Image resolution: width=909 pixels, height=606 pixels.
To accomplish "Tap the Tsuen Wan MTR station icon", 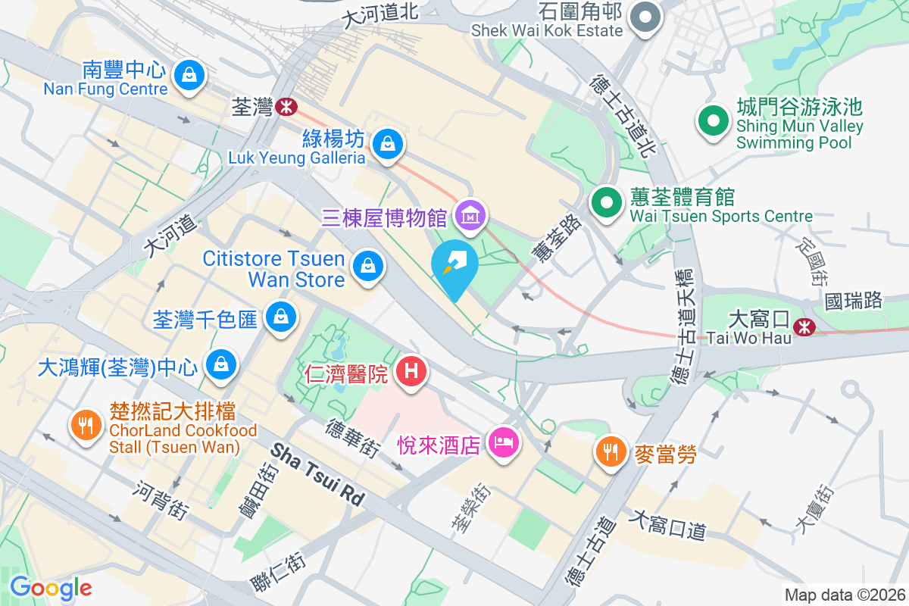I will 286,108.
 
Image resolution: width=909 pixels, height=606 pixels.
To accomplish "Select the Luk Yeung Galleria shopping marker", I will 387,142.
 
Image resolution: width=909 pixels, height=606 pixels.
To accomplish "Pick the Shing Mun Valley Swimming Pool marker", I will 713,122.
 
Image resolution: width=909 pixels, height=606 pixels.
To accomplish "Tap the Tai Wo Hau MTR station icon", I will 803,327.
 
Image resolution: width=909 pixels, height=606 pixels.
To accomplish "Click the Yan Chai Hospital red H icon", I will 411,371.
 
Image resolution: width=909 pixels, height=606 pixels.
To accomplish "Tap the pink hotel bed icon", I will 502,441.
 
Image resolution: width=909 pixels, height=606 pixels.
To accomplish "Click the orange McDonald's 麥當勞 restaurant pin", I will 610,451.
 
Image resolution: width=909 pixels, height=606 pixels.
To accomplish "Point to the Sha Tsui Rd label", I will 317,475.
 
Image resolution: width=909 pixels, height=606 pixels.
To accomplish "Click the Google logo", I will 51,588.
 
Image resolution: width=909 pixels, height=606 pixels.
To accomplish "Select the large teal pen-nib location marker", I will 454,266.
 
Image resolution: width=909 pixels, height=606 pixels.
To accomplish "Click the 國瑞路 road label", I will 854,301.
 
